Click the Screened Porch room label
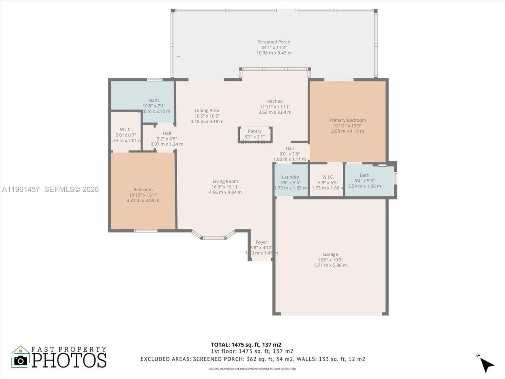click(274, 42)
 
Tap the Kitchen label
click(275, 101)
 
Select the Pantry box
click(255, 135)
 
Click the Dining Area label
click(207, 111)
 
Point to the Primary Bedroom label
click(347, 120)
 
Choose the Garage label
click(330, 255)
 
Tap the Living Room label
click(225, 182)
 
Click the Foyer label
click(261, 242)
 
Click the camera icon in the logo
click(21, 360)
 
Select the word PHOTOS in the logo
click(69, 360)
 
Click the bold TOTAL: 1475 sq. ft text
click(246, 344)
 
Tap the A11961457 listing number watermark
click(21, 189)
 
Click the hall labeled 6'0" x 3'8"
click(289, 154)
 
